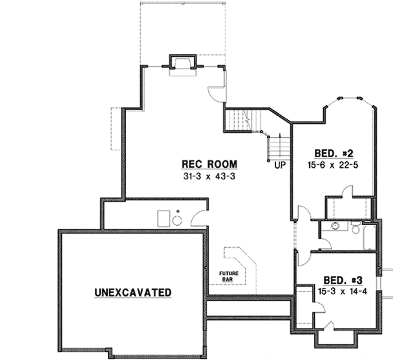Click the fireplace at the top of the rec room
(180, 63)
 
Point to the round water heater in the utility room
(178, 219)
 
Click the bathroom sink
(335, 226)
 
